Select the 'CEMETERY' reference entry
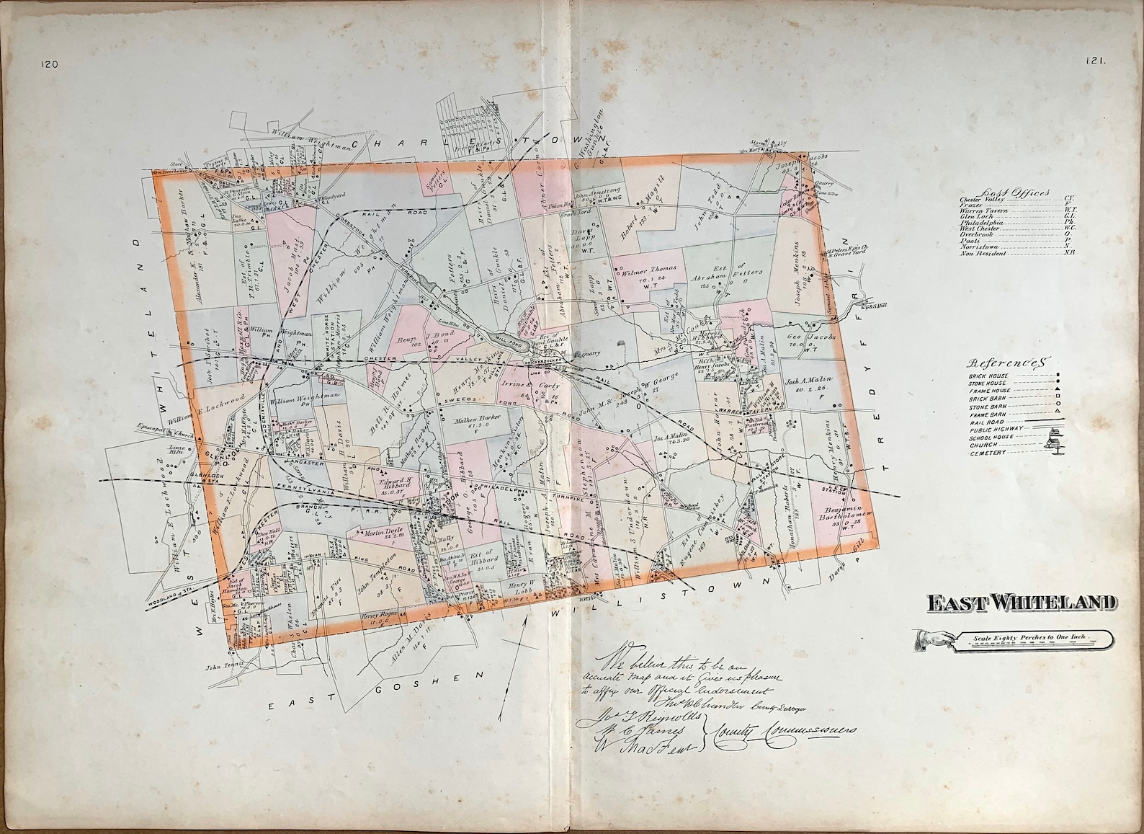point(988,453)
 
